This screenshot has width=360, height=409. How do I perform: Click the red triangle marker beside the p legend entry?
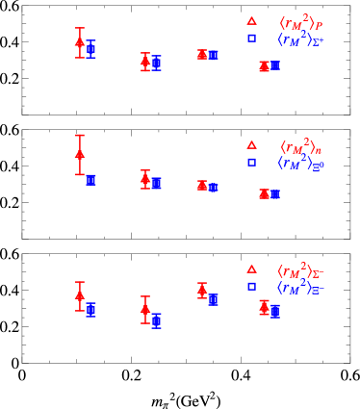point(251,20)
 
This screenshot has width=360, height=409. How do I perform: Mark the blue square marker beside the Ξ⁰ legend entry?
point(251,164)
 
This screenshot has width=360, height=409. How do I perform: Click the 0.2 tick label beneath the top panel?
point(131,127)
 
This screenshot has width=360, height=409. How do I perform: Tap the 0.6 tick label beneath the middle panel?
point(349,251)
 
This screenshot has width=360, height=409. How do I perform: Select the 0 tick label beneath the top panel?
point(22,127)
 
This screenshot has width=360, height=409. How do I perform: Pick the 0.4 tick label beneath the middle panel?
point(241,251)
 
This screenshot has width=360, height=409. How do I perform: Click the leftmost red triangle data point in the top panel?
point(80,40)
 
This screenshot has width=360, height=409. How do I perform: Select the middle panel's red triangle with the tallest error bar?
point(80,153)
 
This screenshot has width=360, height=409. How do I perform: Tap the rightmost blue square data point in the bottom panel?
point(275,311)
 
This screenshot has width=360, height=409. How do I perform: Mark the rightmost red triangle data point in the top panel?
point(264,66)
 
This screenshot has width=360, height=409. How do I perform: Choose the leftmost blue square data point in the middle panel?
point(91,180)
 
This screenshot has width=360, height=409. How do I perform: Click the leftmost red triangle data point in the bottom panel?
point(80,296)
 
